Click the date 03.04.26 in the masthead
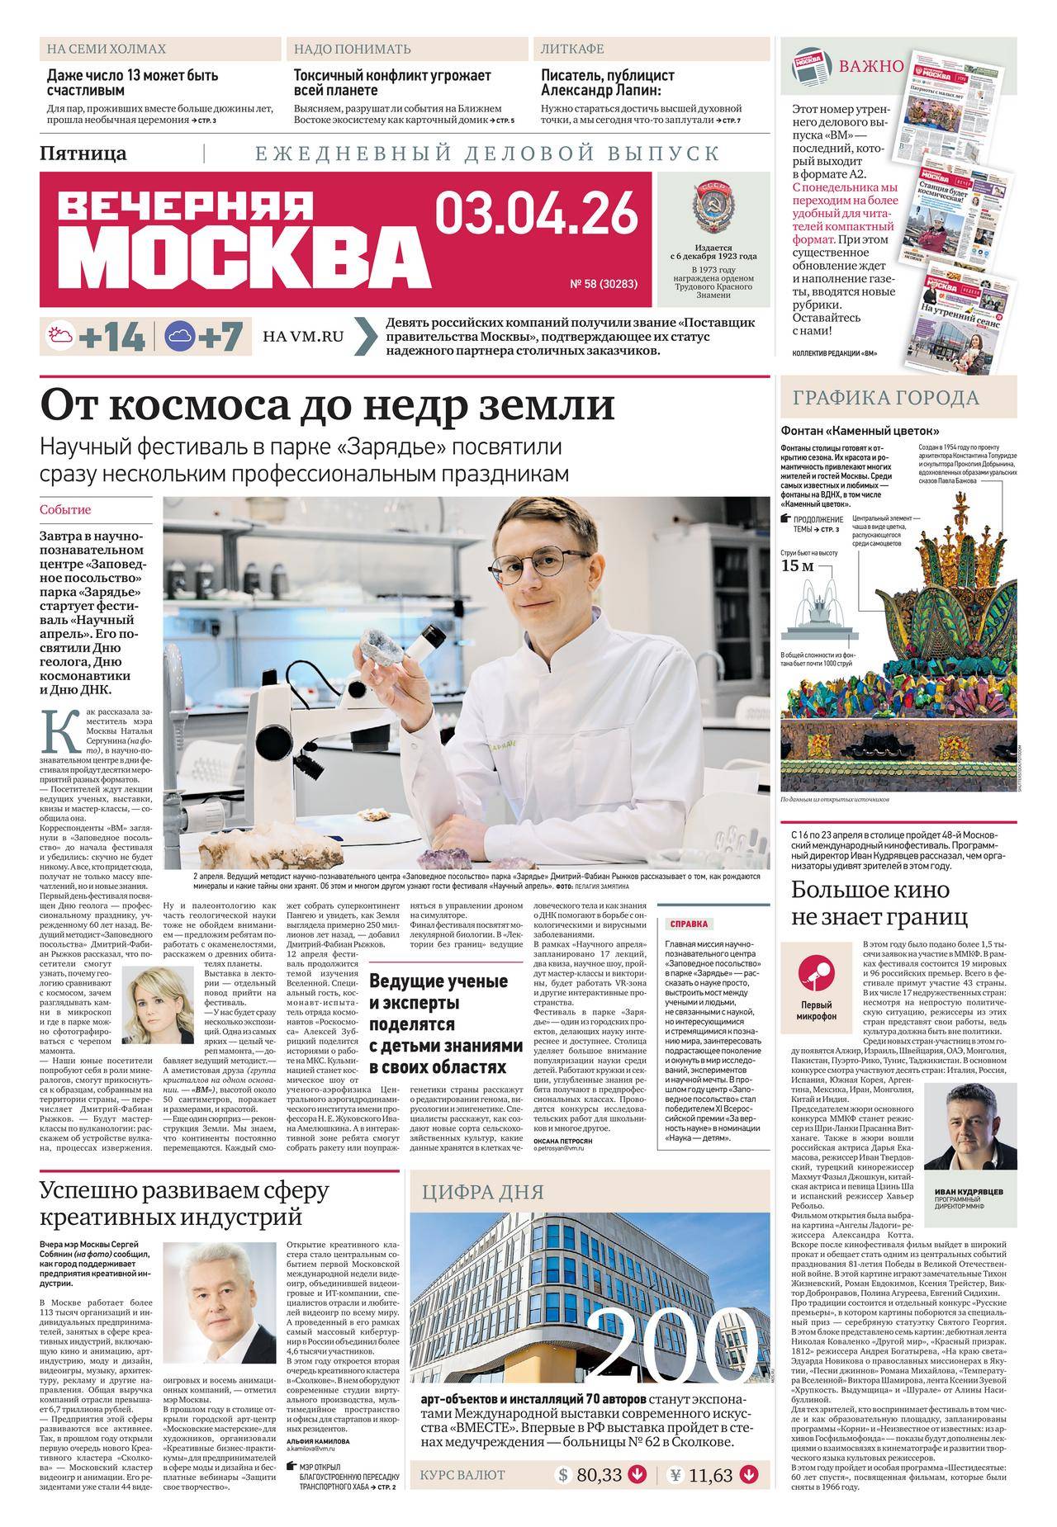point(537,212)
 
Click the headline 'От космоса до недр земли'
point(328,406)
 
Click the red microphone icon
point(817,976)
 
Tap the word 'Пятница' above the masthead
point(83,153)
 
